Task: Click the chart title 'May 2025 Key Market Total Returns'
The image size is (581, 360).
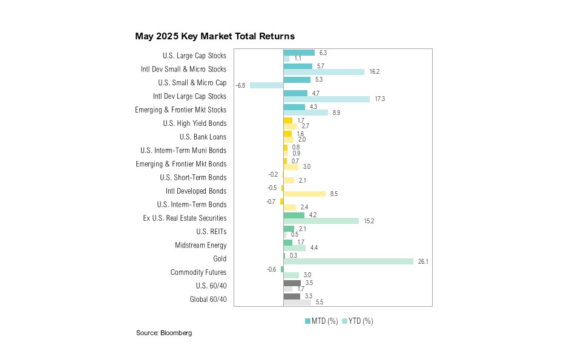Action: coord(215,36)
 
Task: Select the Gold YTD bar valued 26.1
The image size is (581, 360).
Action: coord(348,261)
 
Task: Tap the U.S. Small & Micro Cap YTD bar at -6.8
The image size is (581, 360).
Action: coord(266,85)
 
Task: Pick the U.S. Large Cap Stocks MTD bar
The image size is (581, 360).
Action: coord(299,53)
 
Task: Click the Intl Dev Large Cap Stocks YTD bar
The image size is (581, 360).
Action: coord(326,99)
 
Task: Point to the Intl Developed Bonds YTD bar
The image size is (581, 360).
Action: coord(304,194)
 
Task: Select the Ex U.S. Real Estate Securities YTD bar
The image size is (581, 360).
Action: coord(321,221)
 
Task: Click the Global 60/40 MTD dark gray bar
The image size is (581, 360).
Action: coord(292,296)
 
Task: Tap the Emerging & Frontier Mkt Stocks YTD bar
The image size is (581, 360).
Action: coord(306,113)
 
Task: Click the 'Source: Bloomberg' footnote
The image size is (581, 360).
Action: coord(164,333)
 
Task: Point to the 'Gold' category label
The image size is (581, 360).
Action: coord(220,259)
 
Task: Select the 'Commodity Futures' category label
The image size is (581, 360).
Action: coord(199,272)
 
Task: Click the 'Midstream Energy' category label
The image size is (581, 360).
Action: coord(200,245)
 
